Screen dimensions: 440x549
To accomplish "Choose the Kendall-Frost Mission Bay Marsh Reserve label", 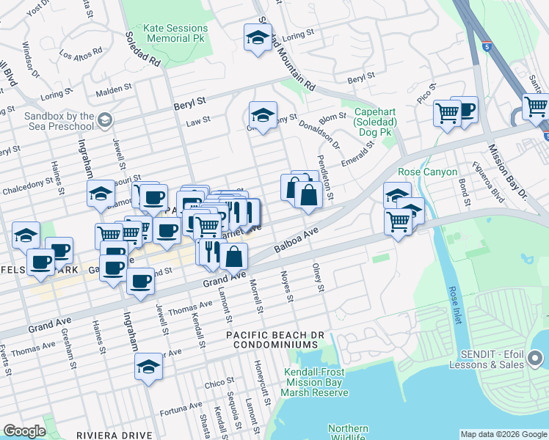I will pos(316,382).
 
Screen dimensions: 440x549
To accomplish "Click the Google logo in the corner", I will pos(24,430).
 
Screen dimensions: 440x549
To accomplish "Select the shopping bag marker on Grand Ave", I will pos(234,257).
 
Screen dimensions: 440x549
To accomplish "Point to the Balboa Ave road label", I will pos(297,241).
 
